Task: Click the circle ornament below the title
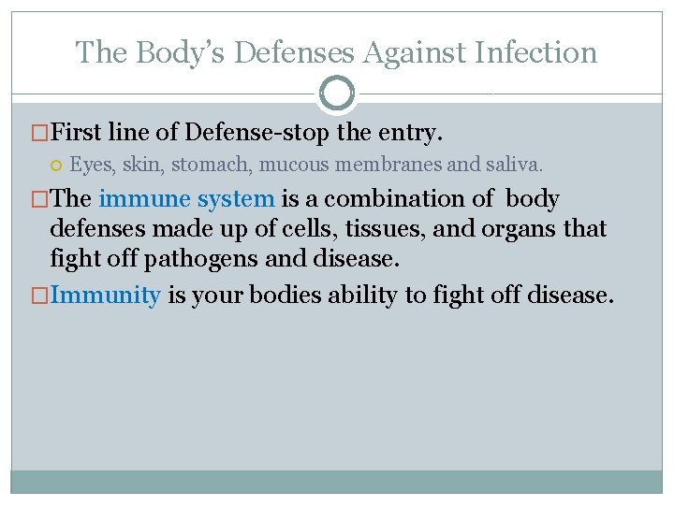[x=337, y=94]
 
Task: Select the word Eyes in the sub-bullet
[x=90, y=166]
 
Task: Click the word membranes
[x=386, y=166]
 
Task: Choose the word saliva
[x=511, y=166]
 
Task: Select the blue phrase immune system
[x=186, y=199]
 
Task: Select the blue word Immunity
[x=105, y=296]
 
